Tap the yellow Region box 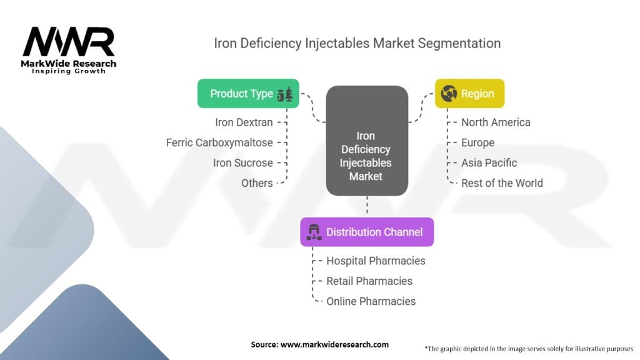(469, 94)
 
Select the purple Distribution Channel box (366, 232)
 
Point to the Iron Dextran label (244, 122)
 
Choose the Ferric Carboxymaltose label (219, 142)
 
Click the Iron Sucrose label (244, 162)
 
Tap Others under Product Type (257, 183)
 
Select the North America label (496, 122)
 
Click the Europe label (477, 142)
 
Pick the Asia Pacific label (489, 162)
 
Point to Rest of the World (502, 183)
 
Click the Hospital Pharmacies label (376, 261)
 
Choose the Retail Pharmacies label (369, 281)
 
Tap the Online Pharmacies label (371, 301)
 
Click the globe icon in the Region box (449, 94)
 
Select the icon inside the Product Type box (284, 94)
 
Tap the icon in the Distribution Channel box (314, 232)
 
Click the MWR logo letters (69, 42)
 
